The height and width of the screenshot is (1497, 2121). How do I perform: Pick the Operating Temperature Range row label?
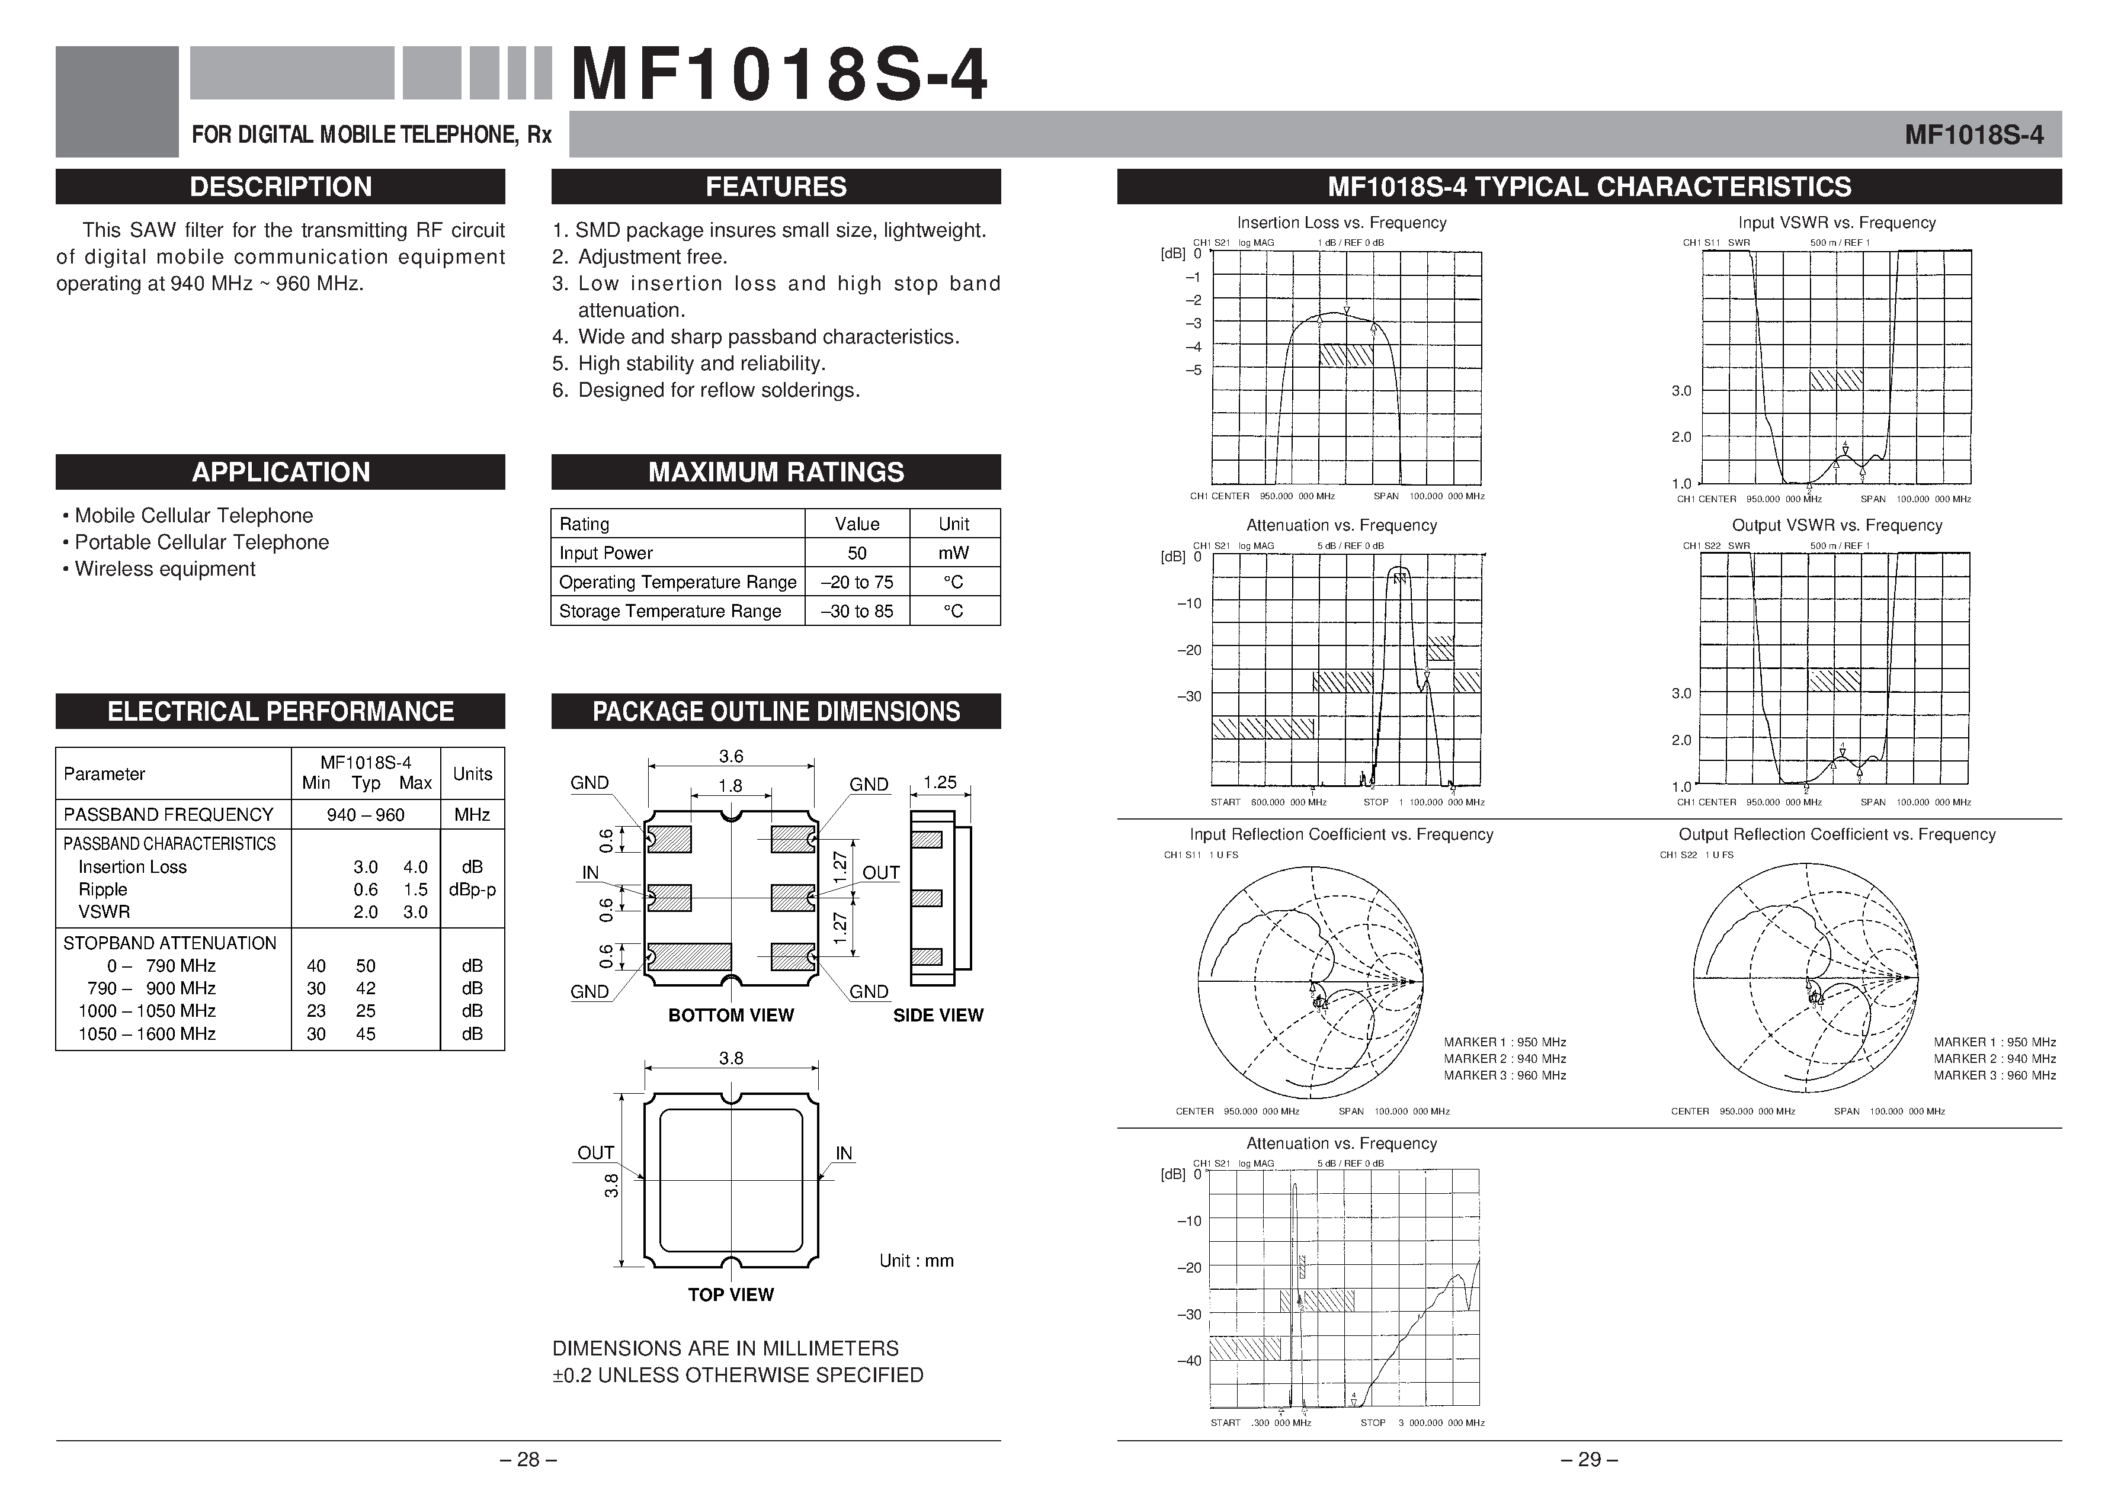pos(677,582)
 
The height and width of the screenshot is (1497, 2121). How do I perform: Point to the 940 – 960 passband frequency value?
pos(365,815)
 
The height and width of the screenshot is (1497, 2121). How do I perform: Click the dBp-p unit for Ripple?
pos(472,889)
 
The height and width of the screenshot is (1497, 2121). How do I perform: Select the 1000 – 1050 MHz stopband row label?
pos(147,1010)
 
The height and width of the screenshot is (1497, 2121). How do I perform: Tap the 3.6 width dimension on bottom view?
pos(731,756)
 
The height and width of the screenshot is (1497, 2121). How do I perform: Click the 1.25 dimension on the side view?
pos(940,782)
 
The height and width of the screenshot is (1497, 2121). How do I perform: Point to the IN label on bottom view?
pos(590,873)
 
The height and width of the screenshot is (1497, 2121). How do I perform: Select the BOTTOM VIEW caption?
pos(731,1015)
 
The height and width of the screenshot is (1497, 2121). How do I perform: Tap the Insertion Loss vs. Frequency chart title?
pos(1341,223)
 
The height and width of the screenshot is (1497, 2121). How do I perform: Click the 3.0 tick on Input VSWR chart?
pos(1681,391)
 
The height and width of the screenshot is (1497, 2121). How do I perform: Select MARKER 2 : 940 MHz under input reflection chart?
pos(1505,1058)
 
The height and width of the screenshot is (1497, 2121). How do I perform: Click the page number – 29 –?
pos(1589,1459)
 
